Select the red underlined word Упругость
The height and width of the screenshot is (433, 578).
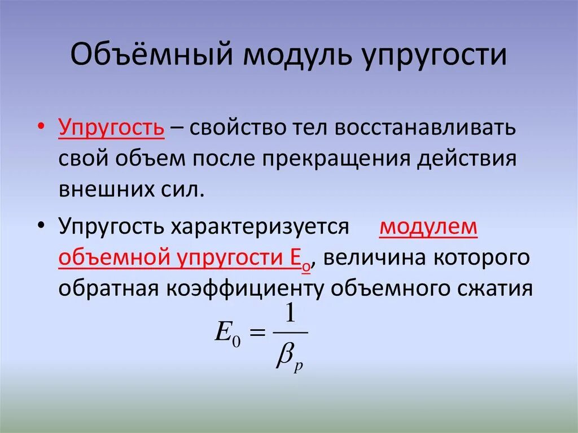[x=111, y=127]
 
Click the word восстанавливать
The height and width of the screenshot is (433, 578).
[x=426, y=127]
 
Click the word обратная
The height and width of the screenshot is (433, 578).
[x=108, y=288]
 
